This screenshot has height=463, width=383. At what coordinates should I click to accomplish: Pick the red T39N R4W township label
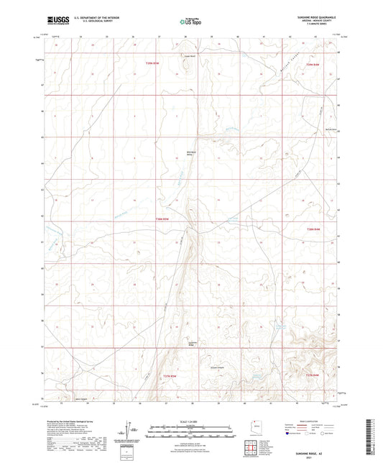[312, 65]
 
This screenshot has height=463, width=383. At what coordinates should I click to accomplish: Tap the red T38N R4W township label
[312, 229]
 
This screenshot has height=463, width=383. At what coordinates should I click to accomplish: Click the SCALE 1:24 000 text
[191, 421]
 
